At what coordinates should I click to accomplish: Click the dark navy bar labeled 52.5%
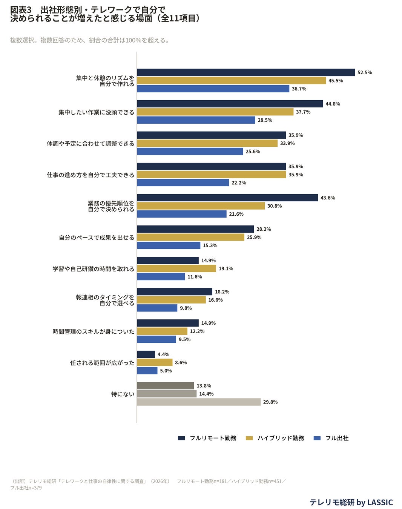pyautogui.click(x=246, y=72)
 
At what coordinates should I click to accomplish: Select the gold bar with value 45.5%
pyautogui.click(x=232, y=80)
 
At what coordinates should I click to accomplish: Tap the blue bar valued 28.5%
pyautogui.click(x=196, y=120)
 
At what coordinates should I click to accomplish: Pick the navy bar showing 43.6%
pyautogui.click(x=227, y=198)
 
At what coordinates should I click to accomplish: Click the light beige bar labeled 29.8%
pyautogui.click(x=199, y=402)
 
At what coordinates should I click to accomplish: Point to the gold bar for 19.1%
pyautogui.click(x=176, y=268)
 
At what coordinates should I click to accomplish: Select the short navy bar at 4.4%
pyautogui.click(x=146, y=354)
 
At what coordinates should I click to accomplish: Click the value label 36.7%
pyautogui.click(x=299, y=89)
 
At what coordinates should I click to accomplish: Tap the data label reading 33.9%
pyautogui.click(x=287, y=143)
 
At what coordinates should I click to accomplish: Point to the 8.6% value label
pyautogui.click(x=181, y=362)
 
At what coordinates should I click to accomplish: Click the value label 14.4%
pyautogui.click(x=206, y=394)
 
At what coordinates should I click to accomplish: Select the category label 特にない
pyautogui.click(x=123, y=394)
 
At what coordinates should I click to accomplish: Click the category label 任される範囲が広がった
pyautogui.click(x=102, y=363)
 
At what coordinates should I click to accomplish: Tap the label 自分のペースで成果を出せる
pyautogui.click(x=97, y=238)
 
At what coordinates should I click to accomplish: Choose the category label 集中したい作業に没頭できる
pyautogui.click(x=96, y=112)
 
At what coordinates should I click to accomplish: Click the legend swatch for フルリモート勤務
pyautogui.click(x=181, y=438)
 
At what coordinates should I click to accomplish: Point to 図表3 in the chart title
pyautogui.click(x=21, y=10)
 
